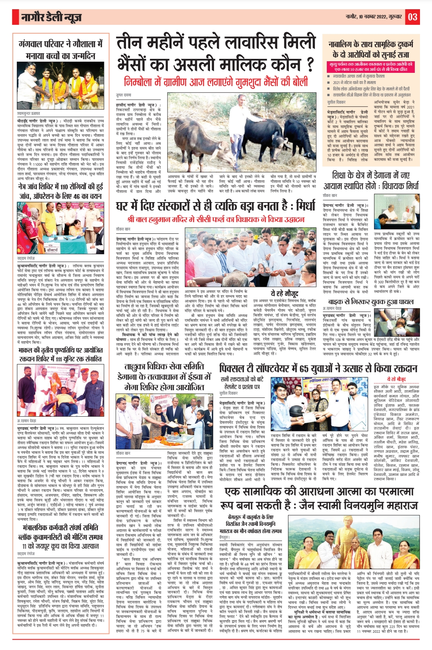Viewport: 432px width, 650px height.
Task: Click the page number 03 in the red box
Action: [x=413, y=17]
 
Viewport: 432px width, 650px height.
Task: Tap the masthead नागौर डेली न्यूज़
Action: [x=52, y=17]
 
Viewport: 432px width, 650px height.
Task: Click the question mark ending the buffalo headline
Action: [x=308, y=64]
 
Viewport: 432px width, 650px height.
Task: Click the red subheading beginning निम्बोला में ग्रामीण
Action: [x=216, y=82]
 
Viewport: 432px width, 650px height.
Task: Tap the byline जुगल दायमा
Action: [x=124, y=95]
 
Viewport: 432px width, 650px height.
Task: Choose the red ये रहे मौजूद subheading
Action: [x=396, y=379]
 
